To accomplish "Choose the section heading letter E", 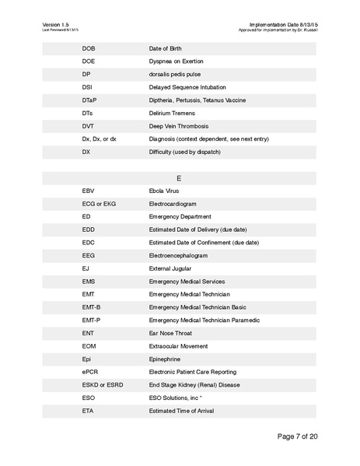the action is (179, 178).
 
